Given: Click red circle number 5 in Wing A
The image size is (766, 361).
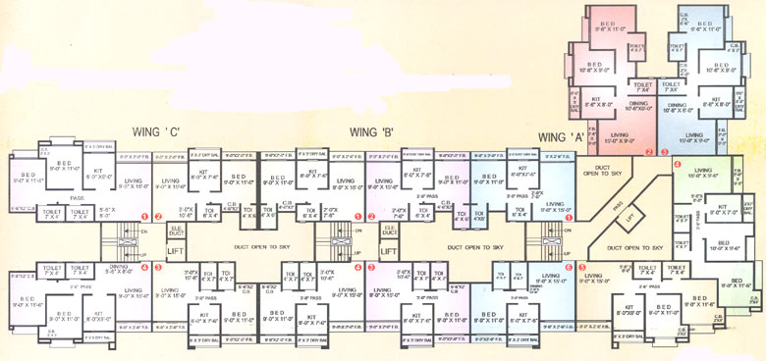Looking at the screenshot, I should (581, 266).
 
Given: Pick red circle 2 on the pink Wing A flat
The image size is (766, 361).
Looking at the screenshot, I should (649, 151).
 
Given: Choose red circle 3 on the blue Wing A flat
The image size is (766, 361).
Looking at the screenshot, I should (663, 151).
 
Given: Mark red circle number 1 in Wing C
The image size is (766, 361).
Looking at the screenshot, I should (144, 216).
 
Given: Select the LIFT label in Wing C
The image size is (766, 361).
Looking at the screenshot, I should (175, 251).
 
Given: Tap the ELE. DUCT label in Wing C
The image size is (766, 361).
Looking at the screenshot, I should (175, 232).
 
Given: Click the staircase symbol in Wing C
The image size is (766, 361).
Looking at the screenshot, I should (122, 237).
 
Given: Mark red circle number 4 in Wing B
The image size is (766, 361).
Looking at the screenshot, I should (371, 266).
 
